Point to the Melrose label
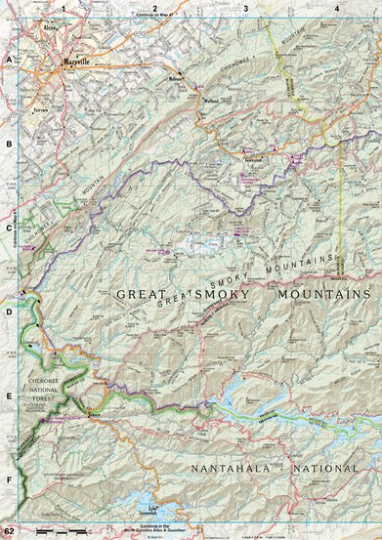coord(176,76)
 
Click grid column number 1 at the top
coord(63,8)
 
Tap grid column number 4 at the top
coord(336,8)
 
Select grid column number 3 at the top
coord(245,8)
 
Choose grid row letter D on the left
coord(8,313)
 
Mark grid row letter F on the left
coord(8,481)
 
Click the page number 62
coord(9,532)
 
